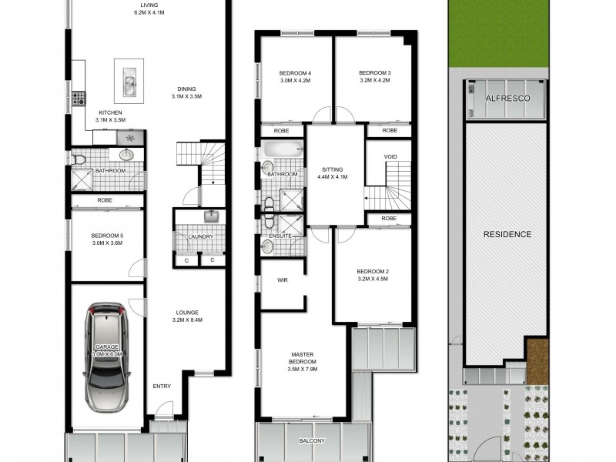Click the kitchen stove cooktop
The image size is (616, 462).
click(x=78, y=99)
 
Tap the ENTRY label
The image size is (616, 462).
click(x=162, y=386)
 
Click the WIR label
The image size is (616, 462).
click(x=282, y=280)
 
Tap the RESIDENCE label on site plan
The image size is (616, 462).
click(x=507, y=233)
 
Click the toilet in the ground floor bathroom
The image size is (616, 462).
click(x=80, y=159)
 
